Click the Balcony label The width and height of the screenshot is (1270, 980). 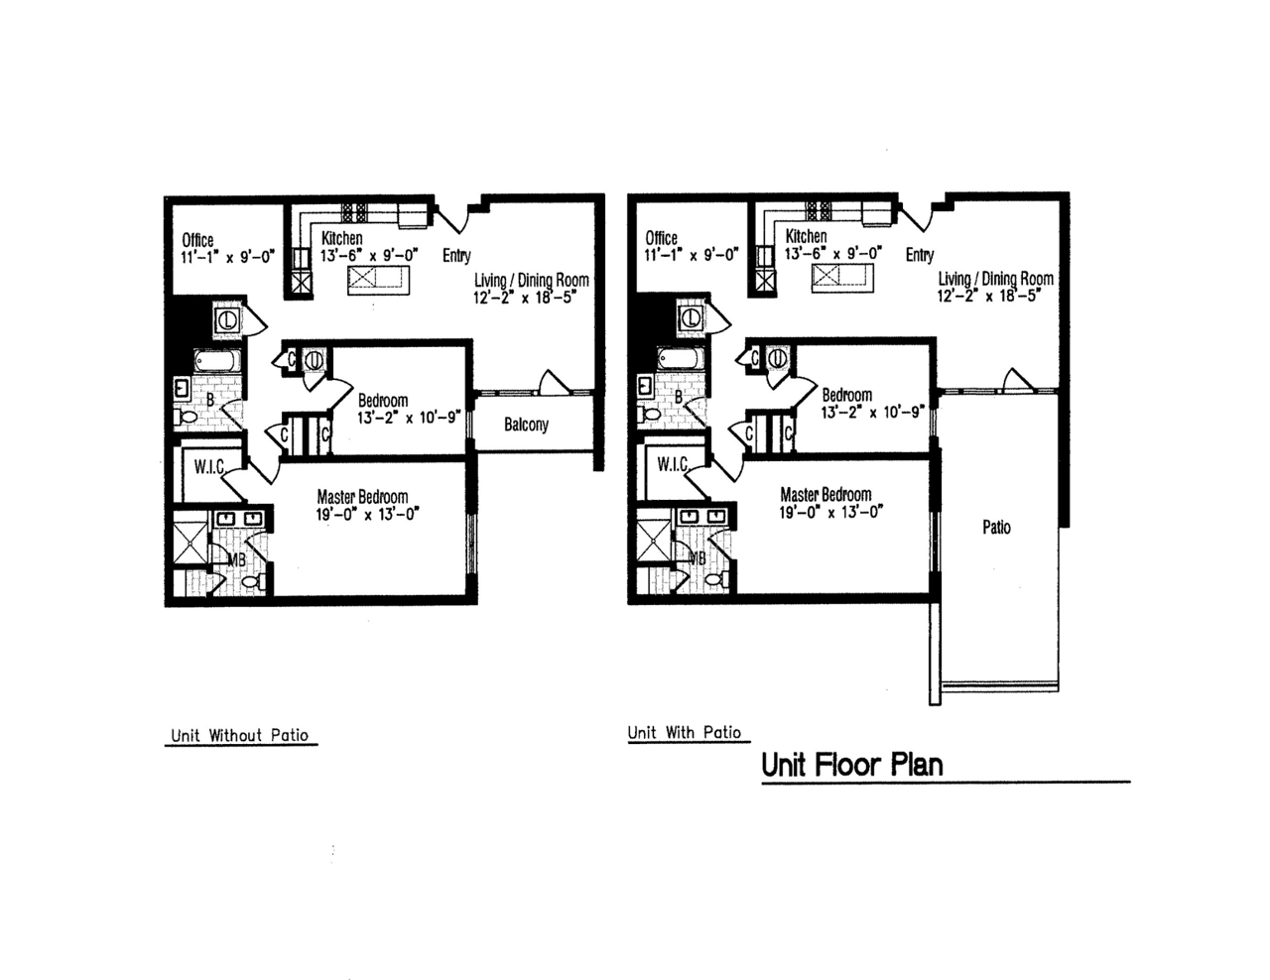pyautogui.click(x=526, y=425)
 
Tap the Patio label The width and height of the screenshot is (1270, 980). pyautogui.click(x=996, y=528)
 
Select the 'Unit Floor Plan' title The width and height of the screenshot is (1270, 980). pyautogui.click(x=852, y=765)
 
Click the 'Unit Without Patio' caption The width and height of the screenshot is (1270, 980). pyautogui.click(x=240, y=735)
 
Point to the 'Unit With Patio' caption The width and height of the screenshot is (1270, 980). pyautogui.click(x=685, y=732)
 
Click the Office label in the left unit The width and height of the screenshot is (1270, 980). pyautogui.click(x=197, y=240)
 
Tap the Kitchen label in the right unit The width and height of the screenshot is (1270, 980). pyautogui.click(x=806, y=236)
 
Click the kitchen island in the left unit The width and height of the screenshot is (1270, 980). pyautogui.click(x=378, y=281)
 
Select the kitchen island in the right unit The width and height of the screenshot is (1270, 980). pyautogui.click(x=842, y=278)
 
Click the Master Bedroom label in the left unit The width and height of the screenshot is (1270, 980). pyautogui.click(x=362, y=497)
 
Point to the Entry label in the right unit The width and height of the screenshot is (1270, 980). pyautogui.click(x=920, y=255)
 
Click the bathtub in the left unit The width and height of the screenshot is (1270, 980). pyautogui.click(x=216, y=360)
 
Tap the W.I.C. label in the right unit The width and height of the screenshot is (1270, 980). pyautogui.click(x=673, y=464)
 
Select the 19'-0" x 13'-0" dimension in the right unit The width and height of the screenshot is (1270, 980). pyautogui.click(x=830, y=512)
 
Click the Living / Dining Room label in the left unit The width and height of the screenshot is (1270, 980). pyautogui.click(x=531, y=281)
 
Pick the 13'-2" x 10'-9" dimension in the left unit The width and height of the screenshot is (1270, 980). pyautogui.click(x=409, y=419)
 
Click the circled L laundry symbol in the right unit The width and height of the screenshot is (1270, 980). pyautogui.click(x=692, y=318)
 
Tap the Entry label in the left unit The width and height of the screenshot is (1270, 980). pyautogui.click(x=456, y=255)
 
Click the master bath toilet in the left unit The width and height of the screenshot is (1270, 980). pyautogui.click(x=253, y=581)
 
